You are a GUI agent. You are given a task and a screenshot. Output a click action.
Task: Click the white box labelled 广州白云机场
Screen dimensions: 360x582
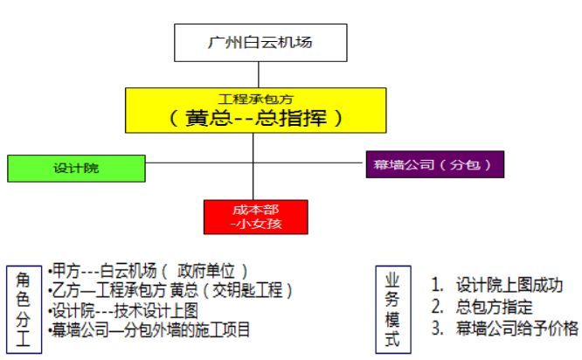[253, 42]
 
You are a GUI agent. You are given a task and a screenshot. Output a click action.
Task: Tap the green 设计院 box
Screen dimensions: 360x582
[76, 168]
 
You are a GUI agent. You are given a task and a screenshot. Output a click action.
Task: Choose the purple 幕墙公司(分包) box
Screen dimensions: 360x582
[434, 163]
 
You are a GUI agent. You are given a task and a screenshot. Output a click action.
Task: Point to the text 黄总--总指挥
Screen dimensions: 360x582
[253, 117]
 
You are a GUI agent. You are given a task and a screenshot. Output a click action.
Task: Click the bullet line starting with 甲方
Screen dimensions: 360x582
[149, 271]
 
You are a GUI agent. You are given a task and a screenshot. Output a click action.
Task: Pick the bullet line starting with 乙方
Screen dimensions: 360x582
[170, 290]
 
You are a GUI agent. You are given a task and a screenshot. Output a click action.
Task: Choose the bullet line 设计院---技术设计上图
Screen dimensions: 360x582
[124, 310]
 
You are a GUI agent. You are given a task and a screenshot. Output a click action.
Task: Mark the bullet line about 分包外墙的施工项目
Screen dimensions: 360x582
[150, 330]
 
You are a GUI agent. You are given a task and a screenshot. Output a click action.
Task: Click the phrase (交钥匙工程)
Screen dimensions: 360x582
[248, 290]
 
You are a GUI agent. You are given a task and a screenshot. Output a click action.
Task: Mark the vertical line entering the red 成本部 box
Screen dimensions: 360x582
[253, 188]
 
